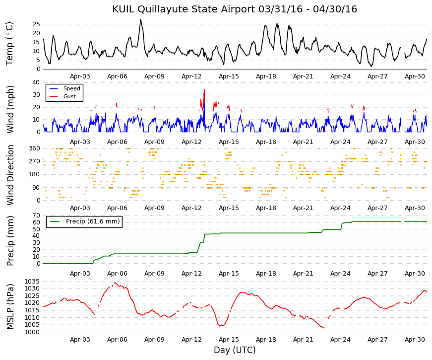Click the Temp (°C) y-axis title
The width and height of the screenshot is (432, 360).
pos(9,44)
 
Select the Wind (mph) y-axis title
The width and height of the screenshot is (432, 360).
pos(10,110)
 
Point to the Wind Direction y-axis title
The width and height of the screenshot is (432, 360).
pos(10,175)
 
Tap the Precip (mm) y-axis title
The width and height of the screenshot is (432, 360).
pos(10,241)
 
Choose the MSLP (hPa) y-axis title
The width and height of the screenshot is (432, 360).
pos(10,306)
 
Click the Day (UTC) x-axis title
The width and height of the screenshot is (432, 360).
pos(235,350)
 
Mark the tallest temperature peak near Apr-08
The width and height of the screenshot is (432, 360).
pos(140,19)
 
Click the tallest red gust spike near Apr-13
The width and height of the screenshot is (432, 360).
pos(204,90)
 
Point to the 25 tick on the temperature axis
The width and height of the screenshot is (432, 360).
pos(36,24)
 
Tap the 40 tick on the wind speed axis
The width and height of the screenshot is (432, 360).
pos(36,82)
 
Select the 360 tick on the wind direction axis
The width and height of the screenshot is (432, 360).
pos(35,148)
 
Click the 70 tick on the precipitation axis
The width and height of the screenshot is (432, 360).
pos(36,216)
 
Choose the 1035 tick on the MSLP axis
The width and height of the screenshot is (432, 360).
pos(32,282)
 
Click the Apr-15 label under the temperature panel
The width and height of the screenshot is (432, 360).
pos(229,76)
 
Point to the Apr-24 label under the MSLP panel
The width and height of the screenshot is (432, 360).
pos(340,340)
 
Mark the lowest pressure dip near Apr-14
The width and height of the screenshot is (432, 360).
pos(220,326)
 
